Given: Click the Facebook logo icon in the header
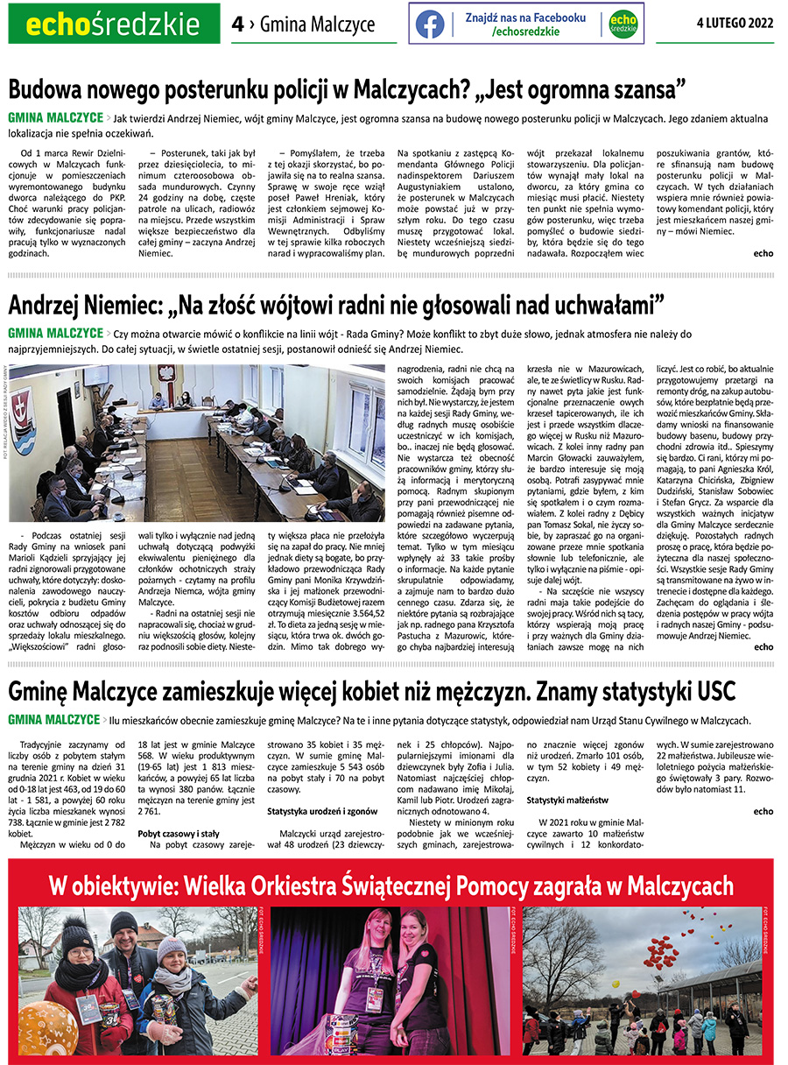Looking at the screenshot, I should [x=430, y=24].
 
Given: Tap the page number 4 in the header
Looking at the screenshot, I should [x=237, y=24].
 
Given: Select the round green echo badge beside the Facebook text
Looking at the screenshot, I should [x=623, y=24].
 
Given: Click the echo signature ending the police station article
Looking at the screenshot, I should [x=763, y=254].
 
